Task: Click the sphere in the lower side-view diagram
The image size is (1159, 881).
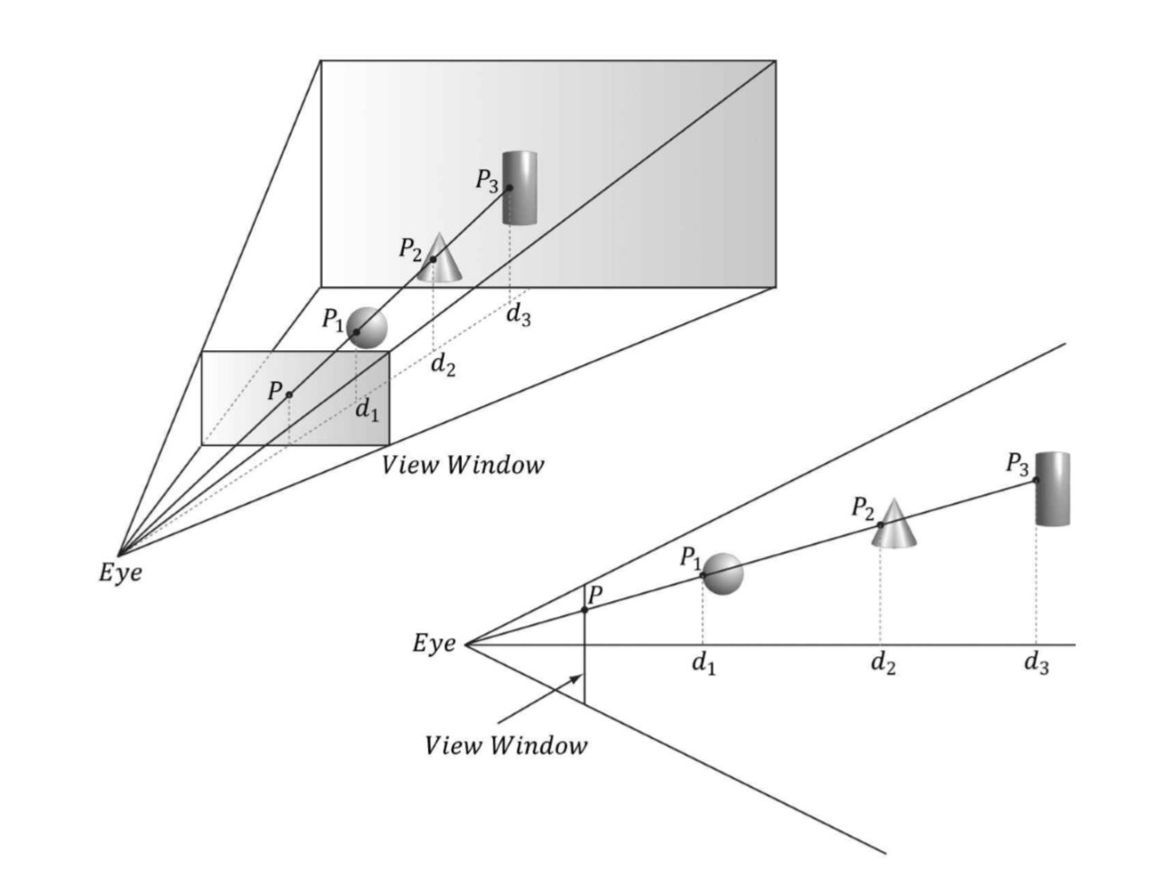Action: [722, 574]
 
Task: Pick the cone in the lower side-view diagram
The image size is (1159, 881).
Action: [894, 525]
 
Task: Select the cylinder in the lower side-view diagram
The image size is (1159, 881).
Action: [1053, 488]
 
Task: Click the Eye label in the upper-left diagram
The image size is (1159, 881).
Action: [120, 573]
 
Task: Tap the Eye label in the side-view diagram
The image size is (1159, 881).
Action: [434, 645]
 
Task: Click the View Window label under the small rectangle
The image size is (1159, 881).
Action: [463, 466]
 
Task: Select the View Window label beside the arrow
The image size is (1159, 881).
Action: [505, 746]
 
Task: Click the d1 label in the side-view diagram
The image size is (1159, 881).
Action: [704, 665]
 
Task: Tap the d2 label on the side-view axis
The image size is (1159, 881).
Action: [883, 665]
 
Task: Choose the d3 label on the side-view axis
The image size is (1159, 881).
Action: [1036, 665]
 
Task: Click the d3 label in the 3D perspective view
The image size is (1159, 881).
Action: [518, 317]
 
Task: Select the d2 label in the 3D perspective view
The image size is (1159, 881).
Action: [442, 365]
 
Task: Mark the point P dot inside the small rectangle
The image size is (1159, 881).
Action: [289, 394]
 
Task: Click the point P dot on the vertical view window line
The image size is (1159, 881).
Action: [584, 610]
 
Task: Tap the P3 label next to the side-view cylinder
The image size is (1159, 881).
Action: [1017, 465]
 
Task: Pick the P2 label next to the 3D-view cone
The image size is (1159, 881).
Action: [410, 249]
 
